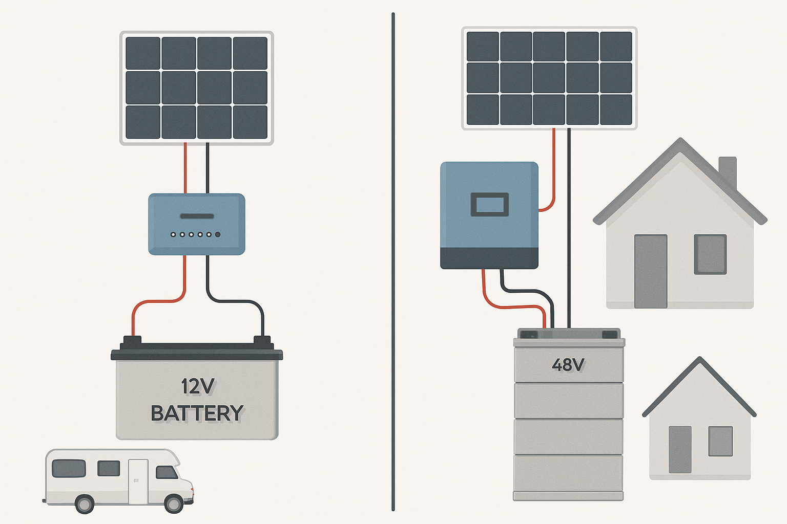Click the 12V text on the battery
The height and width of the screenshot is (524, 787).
198,386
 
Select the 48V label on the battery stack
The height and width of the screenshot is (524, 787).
568,365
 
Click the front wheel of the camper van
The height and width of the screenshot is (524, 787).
174,504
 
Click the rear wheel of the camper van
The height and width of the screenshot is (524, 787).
85,504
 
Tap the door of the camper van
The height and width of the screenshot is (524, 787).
138,481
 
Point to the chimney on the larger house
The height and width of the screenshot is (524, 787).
728,171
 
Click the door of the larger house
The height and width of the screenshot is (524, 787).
651,271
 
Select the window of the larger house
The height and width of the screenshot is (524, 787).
710,254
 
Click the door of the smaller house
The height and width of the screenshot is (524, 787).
680,449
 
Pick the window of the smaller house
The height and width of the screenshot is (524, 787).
720,441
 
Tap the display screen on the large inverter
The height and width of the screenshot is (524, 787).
489,205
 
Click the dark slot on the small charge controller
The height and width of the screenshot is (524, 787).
197,216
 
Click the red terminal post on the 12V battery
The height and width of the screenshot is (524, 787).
132,340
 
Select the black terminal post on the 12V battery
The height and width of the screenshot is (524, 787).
262,340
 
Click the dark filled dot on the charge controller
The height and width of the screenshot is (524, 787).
218,234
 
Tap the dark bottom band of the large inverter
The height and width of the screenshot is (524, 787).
489,258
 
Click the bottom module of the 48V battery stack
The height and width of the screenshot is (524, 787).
568,473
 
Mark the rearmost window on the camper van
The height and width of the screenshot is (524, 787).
69,468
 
